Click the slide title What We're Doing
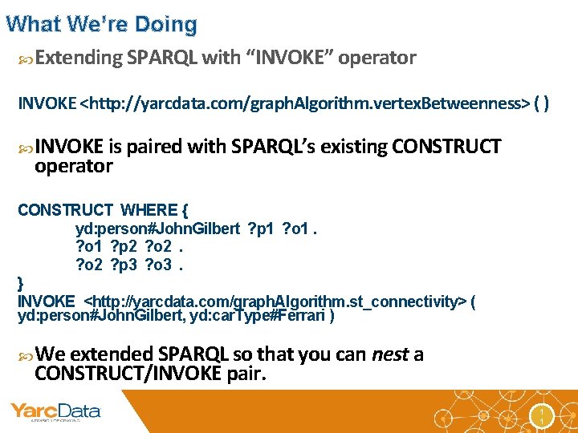[x=101, y=24]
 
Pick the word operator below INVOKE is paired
[x=73, y=166]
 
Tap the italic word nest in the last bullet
[x=391, y=354]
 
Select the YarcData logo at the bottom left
[x=55, y=412]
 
